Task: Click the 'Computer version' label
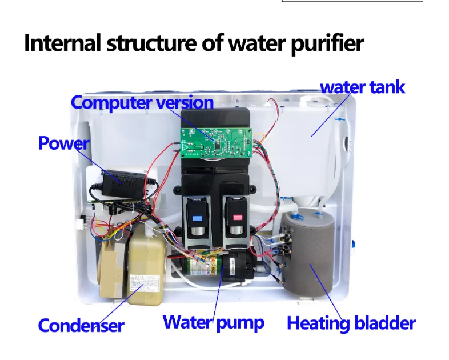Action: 142,103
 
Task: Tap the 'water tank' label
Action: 362,87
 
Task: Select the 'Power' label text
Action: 63,143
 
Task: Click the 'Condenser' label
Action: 81,326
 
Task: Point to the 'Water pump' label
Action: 213,322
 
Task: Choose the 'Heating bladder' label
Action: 351,323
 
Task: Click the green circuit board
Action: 216,142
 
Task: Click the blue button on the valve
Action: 198,218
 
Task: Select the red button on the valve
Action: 236,218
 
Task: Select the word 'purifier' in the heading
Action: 327,44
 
